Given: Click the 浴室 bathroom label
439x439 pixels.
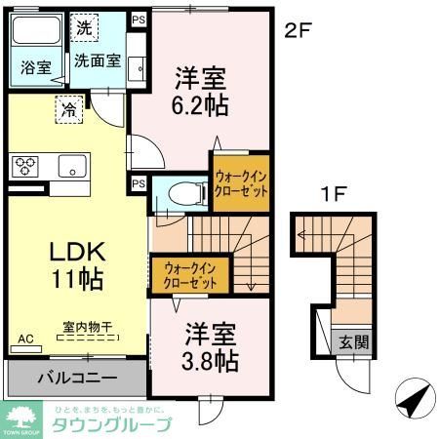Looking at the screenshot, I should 35,67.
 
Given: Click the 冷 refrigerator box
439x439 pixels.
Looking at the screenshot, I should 69,109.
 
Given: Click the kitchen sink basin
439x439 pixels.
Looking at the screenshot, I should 71,166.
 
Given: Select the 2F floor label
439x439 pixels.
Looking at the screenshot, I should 298,31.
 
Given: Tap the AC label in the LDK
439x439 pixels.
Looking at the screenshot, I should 25,339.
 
